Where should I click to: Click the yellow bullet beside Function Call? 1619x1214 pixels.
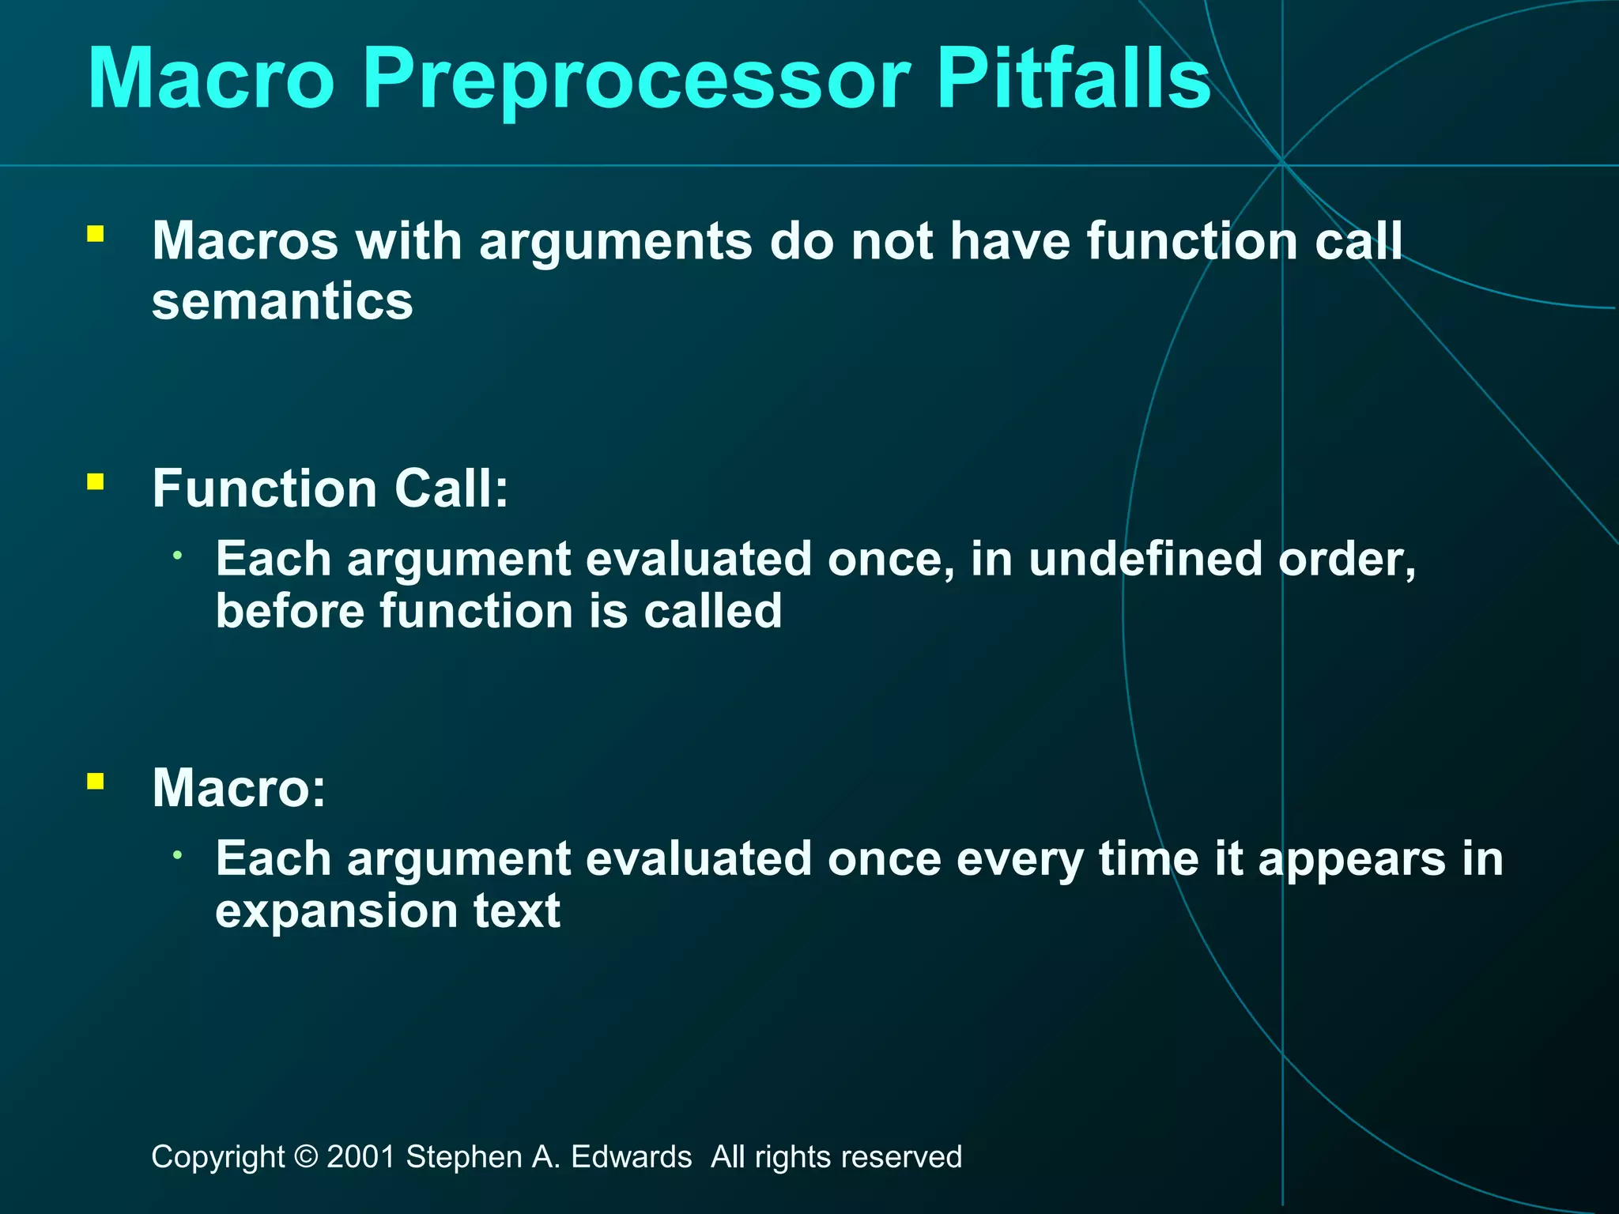[x=96, y=481]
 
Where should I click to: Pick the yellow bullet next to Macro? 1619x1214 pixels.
[x=96, y=781]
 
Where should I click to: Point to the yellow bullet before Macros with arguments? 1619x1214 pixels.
[x=96, y=233]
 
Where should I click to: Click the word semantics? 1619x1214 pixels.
[x=282, y=302]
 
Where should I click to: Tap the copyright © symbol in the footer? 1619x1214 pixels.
[x=305, y=1157]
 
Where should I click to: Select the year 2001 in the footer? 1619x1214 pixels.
[x=360, y=1157]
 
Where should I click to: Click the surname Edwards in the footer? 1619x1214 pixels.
[x=631, y=1157]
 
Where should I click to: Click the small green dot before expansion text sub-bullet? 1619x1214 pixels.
[x=179, y=855]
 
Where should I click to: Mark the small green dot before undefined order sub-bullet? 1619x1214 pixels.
[x=179, y=556]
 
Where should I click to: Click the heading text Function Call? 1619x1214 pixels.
[x=330, y=488]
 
